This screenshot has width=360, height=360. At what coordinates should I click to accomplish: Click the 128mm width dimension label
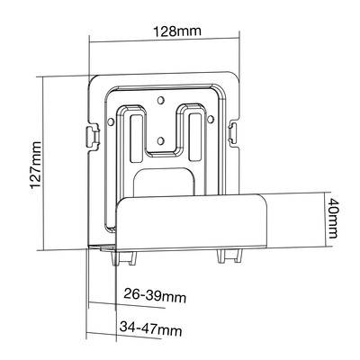[x=177, y=31]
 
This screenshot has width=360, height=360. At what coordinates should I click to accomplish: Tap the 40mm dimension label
[x=332, y=219]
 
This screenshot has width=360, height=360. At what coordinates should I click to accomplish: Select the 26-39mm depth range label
[x=155, y=295]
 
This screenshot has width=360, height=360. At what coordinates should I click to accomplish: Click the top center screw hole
[x=161, y=100]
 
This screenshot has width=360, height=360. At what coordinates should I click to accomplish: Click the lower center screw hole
[x=161, y=139]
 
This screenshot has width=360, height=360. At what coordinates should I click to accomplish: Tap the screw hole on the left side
[x=111, y=121]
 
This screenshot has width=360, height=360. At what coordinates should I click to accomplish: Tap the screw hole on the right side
[x=211, y=119]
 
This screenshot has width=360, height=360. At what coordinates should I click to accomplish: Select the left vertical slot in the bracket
[x=136, y=138]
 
